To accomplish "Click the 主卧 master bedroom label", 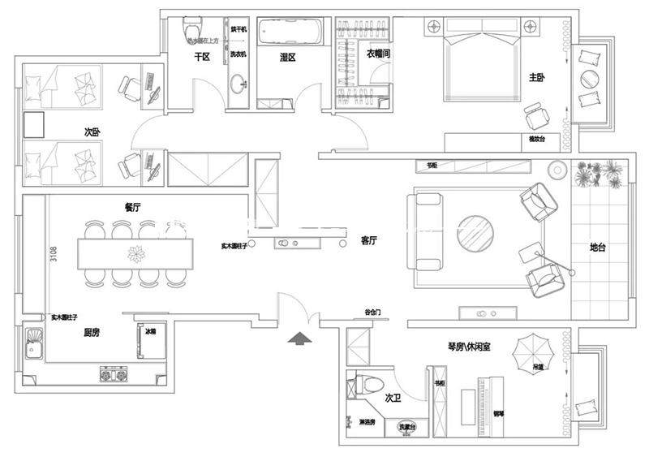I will tap(537, 78).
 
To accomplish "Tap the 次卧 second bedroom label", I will tap(92, 131).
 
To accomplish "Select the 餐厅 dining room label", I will tap(133, 208).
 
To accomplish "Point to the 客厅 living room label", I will tap(370, 241).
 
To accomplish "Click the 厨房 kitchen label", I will tap(92, 332).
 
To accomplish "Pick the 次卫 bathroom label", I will tap(393, 399).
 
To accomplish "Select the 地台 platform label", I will tap(598, 248).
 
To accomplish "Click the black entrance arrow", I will tap(299, 338).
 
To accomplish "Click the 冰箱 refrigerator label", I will tap(150, 332).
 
